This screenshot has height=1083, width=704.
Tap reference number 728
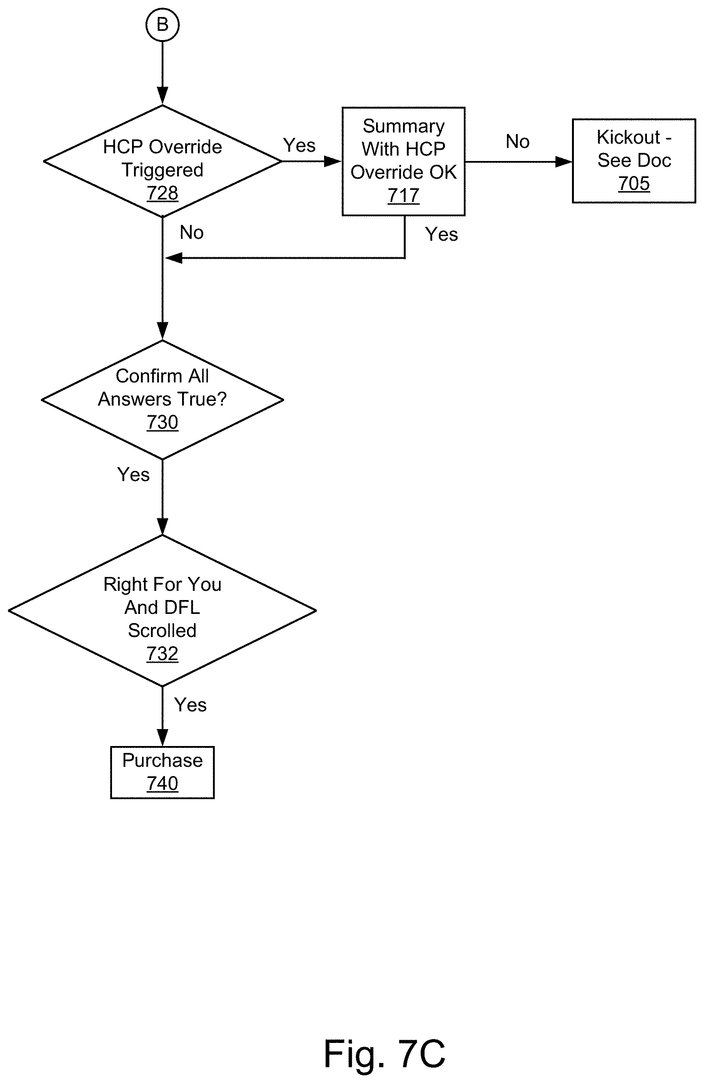coord(162,193)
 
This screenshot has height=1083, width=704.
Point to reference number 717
coord(403,195)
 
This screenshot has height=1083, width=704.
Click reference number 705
coord(634,183)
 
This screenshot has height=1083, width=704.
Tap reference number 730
coord(162,422)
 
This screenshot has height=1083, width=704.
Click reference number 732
coord(162,654)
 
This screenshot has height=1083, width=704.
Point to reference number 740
coord(162,784)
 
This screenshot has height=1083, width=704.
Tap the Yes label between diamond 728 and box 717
coord(299,146)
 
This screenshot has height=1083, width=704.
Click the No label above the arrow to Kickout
coord(518,141)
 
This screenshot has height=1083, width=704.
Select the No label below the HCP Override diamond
coord(191,233)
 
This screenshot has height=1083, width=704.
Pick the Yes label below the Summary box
coord(441,234)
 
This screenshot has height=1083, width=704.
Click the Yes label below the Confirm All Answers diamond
coord(133,474)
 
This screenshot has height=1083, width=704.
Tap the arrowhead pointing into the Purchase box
coord(162,738)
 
